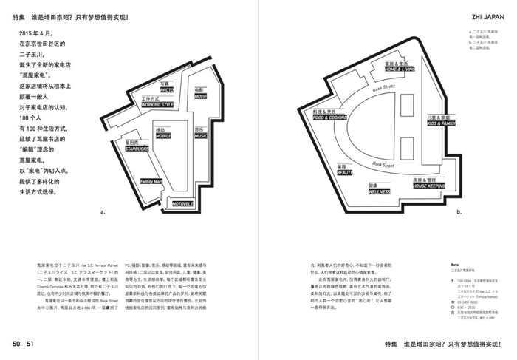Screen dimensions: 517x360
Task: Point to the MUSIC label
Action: [200, 136]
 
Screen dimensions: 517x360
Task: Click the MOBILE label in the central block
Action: [162, 136]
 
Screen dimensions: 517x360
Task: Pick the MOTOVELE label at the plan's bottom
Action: [182, 203]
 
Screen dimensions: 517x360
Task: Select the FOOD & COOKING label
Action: [329, 117]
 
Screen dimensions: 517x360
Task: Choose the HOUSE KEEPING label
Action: [428, 185]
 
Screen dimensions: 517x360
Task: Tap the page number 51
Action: [30, 343]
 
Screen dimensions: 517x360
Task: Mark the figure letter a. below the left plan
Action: [103, 212]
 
